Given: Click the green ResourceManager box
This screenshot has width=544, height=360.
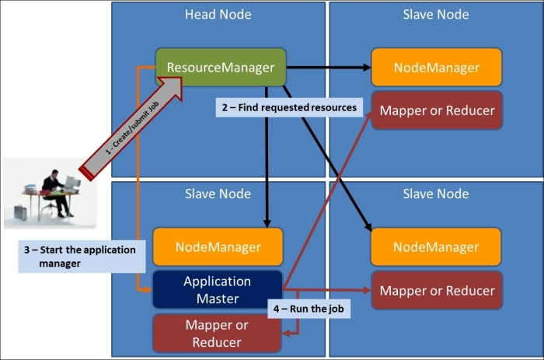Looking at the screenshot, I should (220, 68).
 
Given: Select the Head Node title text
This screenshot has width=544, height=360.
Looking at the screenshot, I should (218, 15).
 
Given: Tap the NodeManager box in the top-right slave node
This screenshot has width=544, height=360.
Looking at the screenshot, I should (436, 68).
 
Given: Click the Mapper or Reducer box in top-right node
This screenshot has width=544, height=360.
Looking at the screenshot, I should (436, 110).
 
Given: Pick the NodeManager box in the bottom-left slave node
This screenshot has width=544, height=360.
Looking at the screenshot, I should (218, 247).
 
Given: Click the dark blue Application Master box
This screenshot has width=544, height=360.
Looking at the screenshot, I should (217, 289).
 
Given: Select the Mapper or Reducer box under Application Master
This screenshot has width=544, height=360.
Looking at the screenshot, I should (217, 334).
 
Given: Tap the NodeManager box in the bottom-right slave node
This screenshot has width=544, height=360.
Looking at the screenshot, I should (436, 247).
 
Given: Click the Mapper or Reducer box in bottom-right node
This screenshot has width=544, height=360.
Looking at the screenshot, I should (436, 291).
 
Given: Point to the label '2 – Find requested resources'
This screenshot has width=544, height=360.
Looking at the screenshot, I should (290, 107).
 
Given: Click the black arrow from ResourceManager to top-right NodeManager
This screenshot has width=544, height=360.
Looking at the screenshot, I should (326, 68).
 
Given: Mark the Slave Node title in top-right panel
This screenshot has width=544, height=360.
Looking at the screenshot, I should (436, 15).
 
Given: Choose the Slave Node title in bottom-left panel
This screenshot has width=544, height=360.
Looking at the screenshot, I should (218, 194).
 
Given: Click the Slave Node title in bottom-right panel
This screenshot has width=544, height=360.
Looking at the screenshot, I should (436, 194).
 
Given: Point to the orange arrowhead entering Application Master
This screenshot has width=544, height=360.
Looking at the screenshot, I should (147, 289).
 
